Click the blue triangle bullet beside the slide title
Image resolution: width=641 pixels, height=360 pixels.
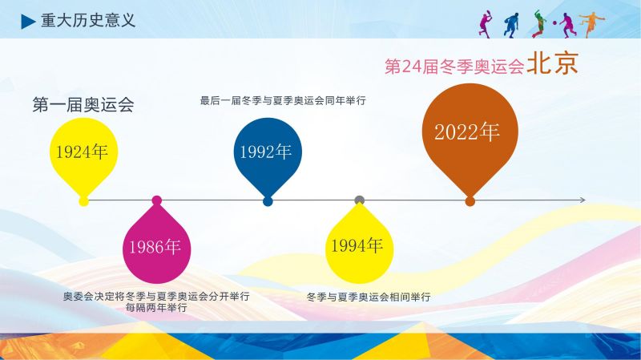[x=27, y=22]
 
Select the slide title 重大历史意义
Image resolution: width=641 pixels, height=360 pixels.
[x=88, y=21]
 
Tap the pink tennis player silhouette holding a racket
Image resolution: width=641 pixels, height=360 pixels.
[x=486, y=24]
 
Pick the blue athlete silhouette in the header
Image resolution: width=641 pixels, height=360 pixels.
[x=511, y=26]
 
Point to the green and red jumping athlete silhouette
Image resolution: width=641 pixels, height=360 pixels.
[x=539, y=24]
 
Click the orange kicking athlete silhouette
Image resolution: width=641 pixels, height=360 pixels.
[x=591, y=24]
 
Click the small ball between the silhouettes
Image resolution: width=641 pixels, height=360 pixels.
[x=554, y=23]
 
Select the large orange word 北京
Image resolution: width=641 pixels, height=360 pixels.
[x=552, y=63]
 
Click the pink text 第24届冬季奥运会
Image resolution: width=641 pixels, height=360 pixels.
[x=454, y=67]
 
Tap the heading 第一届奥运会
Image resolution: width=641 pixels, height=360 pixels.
[x=83, y=105]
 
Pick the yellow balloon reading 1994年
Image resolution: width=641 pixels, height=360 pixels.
[x=359, y=244]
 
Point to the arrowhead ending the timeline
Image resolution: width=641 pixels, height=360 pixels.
[x=583, y=200]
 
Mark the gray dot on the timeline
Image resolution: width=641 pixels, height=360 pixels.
[x=359, y=200]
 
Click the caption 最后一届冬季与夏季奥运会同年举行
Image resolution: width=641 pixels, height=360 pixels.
[x=283, y=101]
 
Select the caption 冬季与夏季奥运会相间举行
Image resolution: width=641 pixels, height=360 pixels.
[x=369, y=297]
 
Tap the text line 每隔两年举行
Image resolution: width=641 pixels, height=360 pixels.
[x=156, y=308]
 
